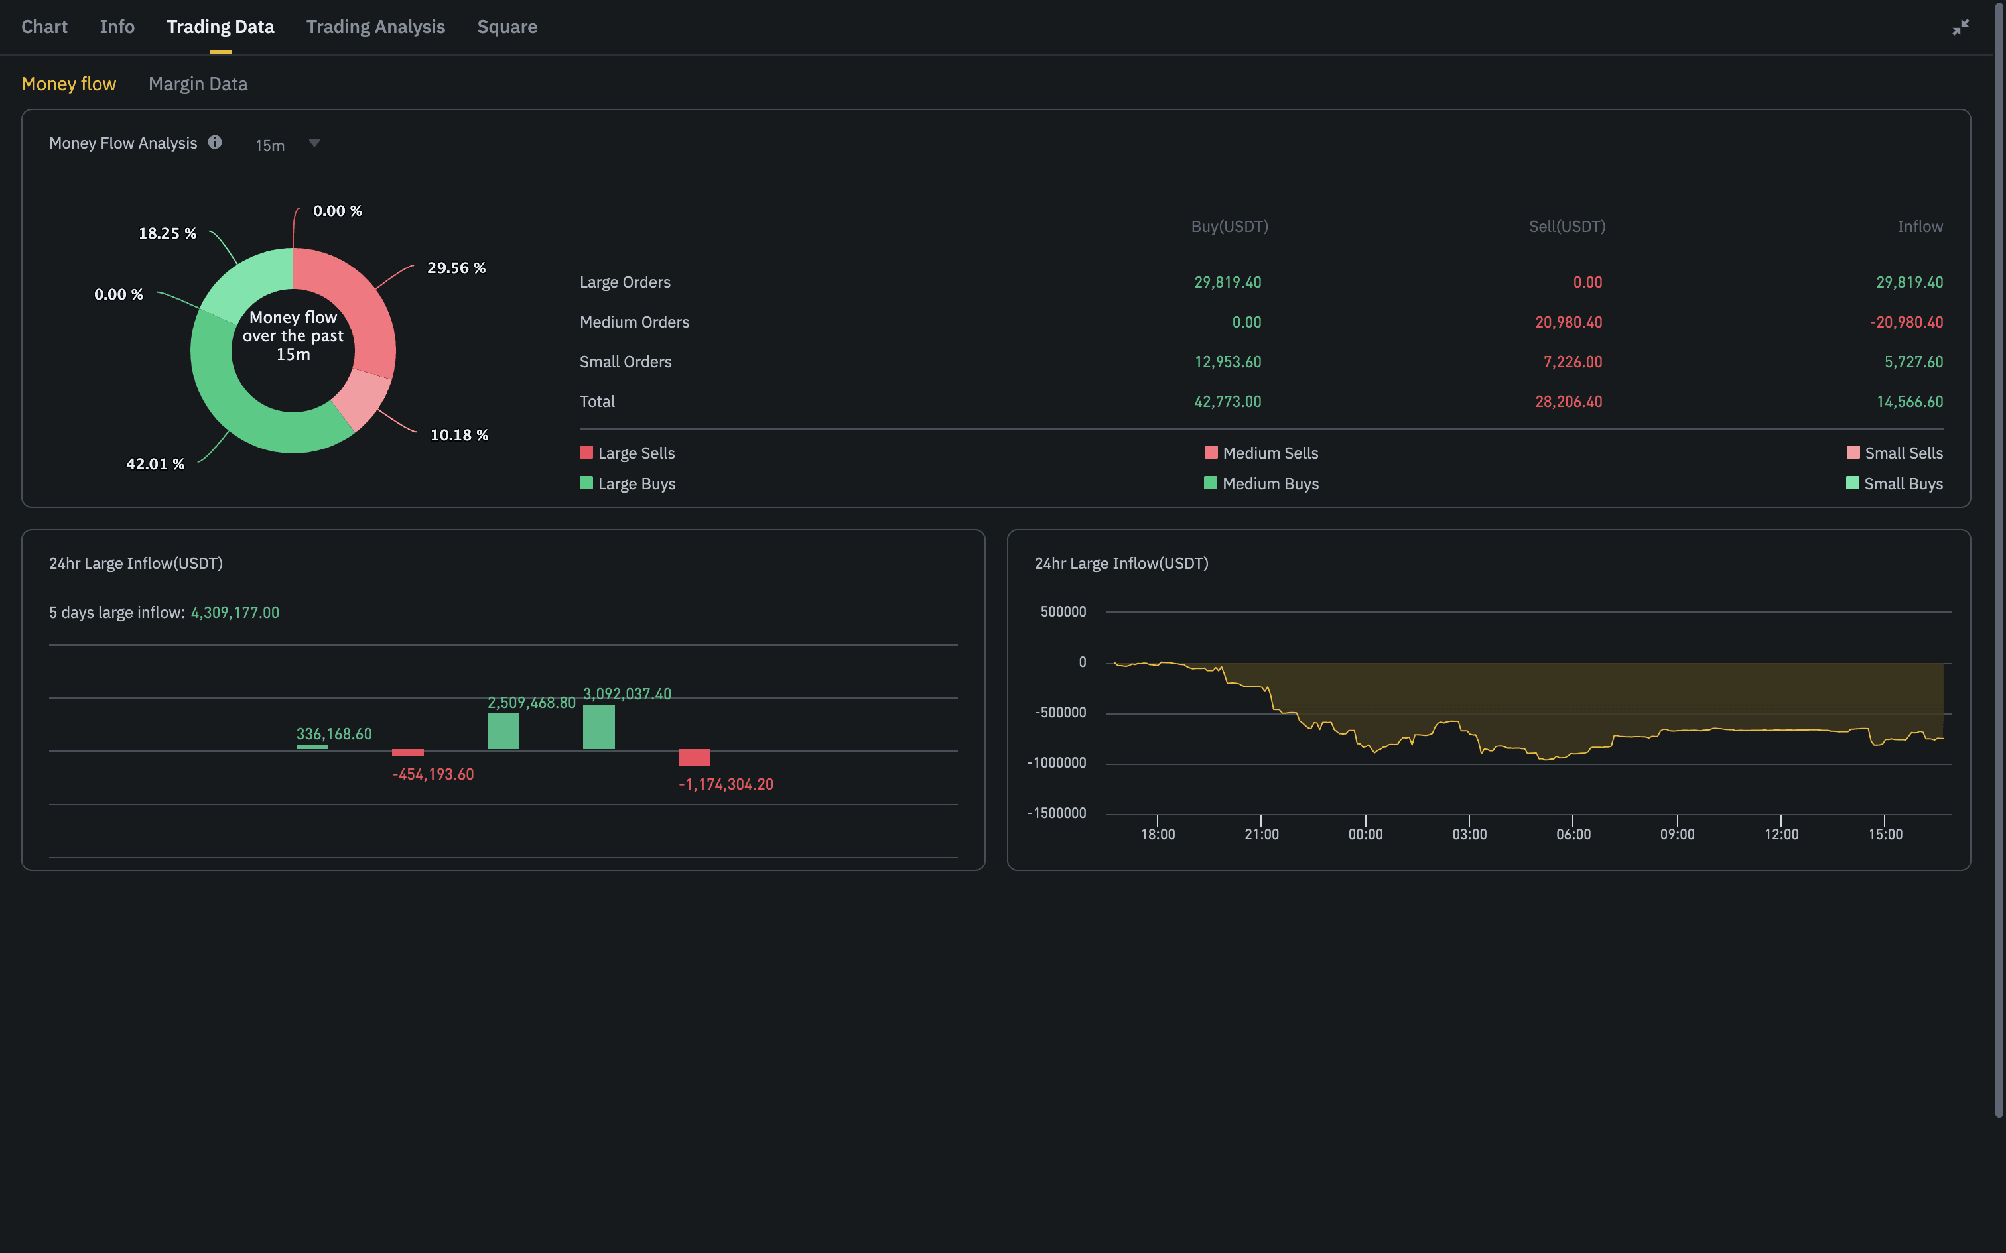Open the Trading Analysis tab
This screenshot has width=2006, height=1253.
(x=375, y=27)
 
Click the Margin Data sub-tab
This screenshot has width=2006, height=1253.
(x=197, y=84)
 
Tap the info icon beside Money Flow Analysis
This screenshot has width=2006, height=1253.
(x=215, y=142)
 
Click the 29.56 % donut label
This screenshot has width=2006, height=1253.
(x=456, y=268)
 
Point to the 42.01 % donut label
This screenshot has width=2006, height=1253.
(x=155, y=464)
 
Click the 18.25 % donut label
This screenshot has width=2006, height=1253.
(x=167, y=233)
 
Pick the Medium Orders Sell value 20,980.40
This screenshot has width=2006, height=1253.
(x=1568, y=322)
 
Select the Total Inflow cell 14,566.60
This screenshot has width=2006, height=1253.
(x=1909, y=402)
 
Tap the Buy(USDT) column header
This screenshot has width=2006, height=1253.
(x=1229, y=227)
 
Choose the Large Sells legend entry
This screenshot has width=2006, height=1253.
(x=628, y=453)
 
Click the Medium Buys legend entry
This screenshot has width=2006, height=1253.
(x=1261, y=484)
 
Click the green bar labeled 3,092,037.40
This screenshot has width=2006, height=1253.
(x=598, y=727)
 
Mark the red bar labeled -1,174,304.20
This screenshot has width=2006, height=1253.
(x=694, y=757)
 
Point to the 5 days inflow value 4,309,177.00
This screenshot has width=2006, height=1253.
(x=235, y=613)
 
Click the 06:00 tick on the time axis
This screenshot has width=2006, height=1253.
(x=1572, y=834)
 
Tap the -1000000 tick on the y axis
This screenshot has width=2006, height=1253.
(x=1056, y=763)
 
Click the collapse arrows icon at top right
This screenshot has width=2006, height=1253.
(x=1960, y=27)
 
